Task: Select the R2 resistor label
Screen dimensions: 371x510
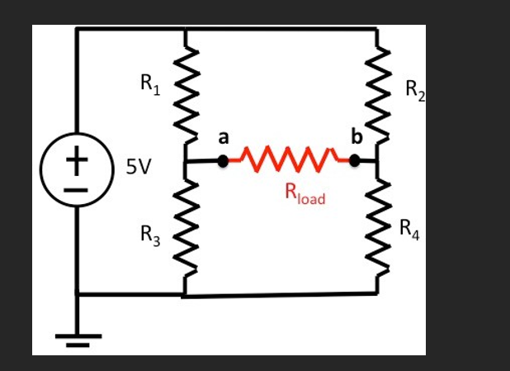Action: point(415,90)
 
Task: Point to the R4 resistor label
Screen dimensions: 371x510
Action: point(409,228)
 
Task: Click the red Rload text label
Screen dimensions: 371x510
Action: point(305,194)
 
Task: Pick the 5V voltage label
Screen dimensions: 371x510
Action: point(139,167)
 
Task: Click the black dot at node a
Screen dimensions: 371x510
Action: point(222,161)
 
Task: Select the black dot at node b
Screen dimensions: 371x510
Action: point(356,161)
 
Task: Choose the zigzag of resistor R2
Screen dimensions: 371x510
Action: point(378,95)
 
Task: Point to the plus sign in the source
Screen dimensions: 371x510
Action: point(76,160)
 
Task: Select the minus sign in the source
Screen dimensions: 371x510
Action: point(76,188)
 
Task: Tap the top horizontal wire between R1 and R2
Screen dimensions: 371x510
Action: point(281,30)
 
